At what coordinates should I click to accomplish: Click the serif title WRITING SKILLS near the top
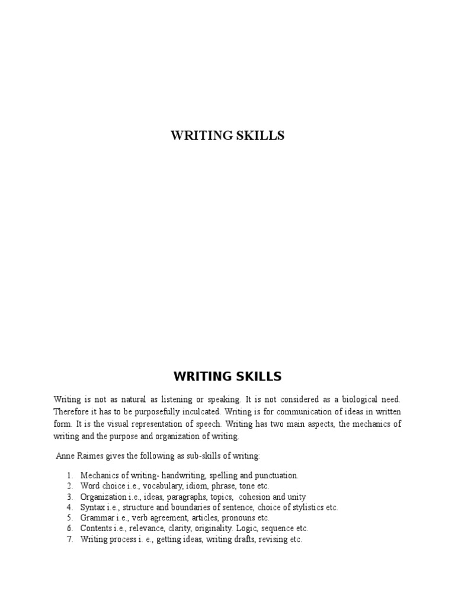(227, 136)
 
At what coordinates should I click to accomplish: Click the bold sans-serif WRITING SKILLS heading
(227, 376)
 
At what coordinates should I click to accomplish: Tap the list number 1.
(69, 475)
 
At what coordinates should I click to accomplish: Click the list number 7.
(69, 539)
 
